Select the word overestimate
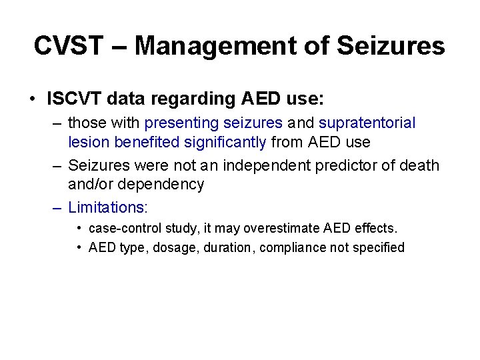click(282, 228)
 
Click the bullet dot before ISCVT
click(32, 99)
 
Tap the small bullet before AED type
click(79, 247)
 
